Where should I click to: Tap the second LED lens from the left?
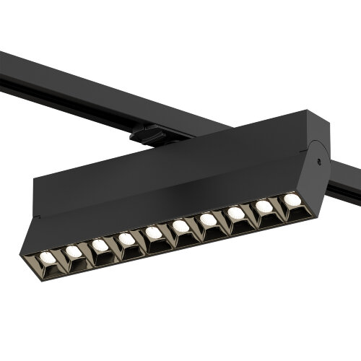[73, 251]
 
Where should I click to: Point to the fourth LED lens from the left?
[127, 238]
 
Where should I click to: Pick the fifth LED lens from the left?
[155, 232]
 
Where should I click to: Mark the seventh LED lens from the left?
[209, 219]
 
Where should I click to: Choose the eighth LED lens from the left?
[236, 213]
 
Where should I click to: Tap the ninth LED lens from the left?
[264, 206]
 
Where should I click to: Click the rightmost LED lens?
[292, 199]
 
